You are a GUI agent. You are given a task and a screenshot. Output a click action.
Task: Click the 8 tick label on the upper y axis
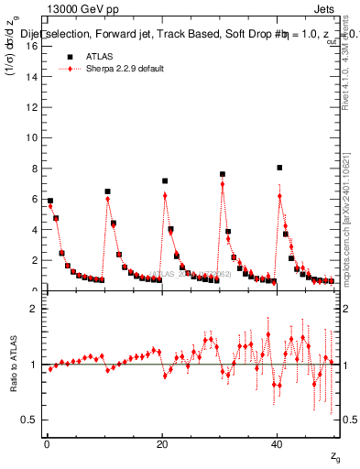coord(34,169)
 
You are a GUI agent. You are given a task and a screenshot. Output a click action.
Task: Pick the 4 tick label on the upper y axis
coord(34,230)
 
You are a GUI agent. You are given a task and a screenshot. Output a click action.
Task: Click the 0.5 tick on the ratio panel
coord(29,420)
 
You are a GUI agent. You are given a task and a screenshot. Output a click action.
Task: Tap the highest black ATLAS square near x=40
coord(279,168)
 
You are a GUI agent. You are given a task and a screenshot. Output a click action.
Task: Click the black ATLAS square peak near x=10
coord(107,191)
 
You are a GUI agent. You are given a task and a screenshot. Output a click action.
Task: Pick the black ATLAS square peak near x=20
coord(165,181)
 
